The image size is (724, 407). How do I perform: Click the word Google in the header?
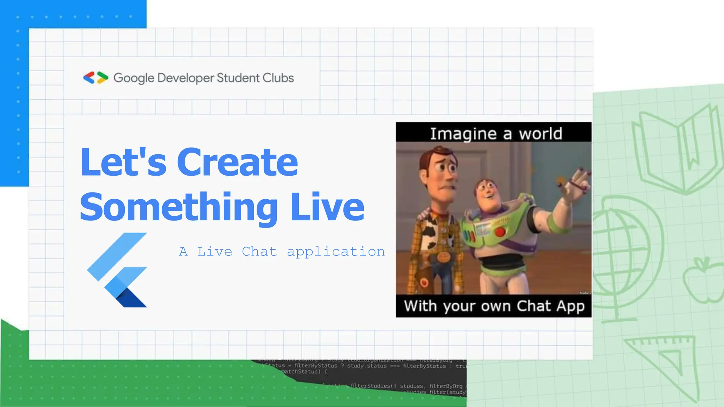coord(134,78)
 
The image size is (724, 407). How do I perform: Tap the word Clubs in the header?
coord(278,78)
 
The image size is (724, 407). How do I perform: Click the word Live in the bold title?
coord(327,207)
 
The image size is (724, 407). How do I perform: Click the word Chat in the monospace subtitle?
coord(259,252)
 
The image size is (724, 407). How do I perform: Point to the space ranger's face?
coord(490,193)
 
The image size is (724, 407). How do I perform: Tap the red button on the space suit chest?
coord(500,232)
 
